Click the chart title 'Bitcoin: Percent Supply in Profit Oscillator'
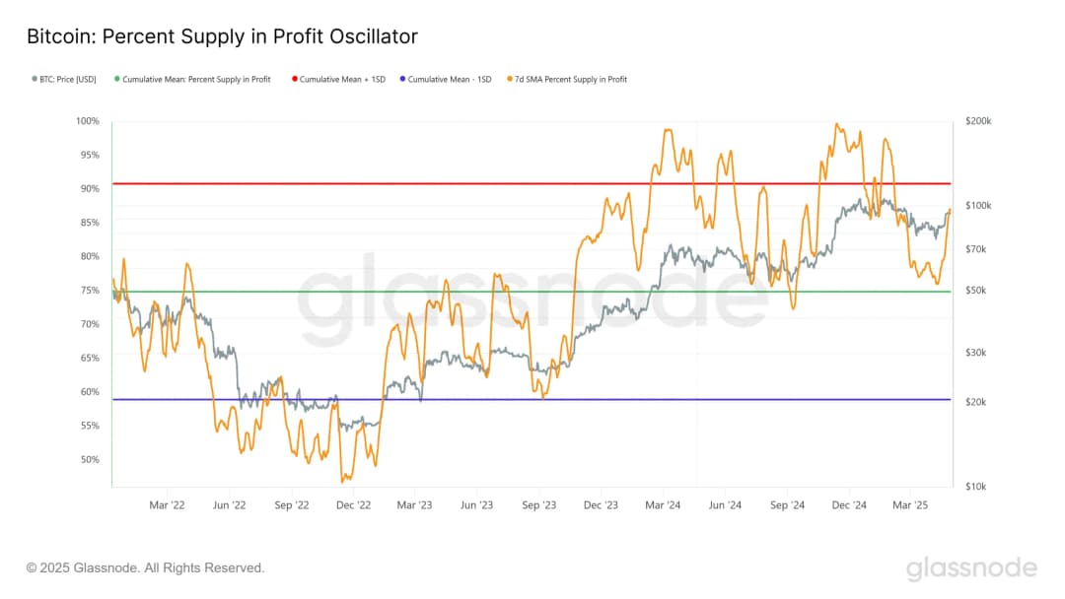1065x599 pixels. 222,37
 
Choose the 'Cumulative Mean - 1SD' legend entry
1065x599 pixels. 450,79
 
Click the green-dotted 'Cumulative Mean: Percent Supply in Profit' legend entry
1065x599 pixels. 196,79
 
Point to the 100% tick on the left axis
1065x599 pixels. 88,121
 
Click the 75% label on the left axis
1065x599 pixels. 90,291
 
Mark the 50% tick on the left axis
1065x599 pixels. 90,459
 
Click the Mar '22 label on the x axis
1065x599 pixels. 167,505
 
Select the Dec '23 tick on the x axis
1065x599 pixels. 601,505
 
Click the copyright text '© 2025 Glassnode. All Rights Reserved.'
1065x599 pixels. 146,568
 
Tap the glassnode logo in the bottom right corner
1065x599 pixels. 971,568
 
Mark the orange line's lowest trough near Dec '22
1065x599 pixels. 342,482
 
